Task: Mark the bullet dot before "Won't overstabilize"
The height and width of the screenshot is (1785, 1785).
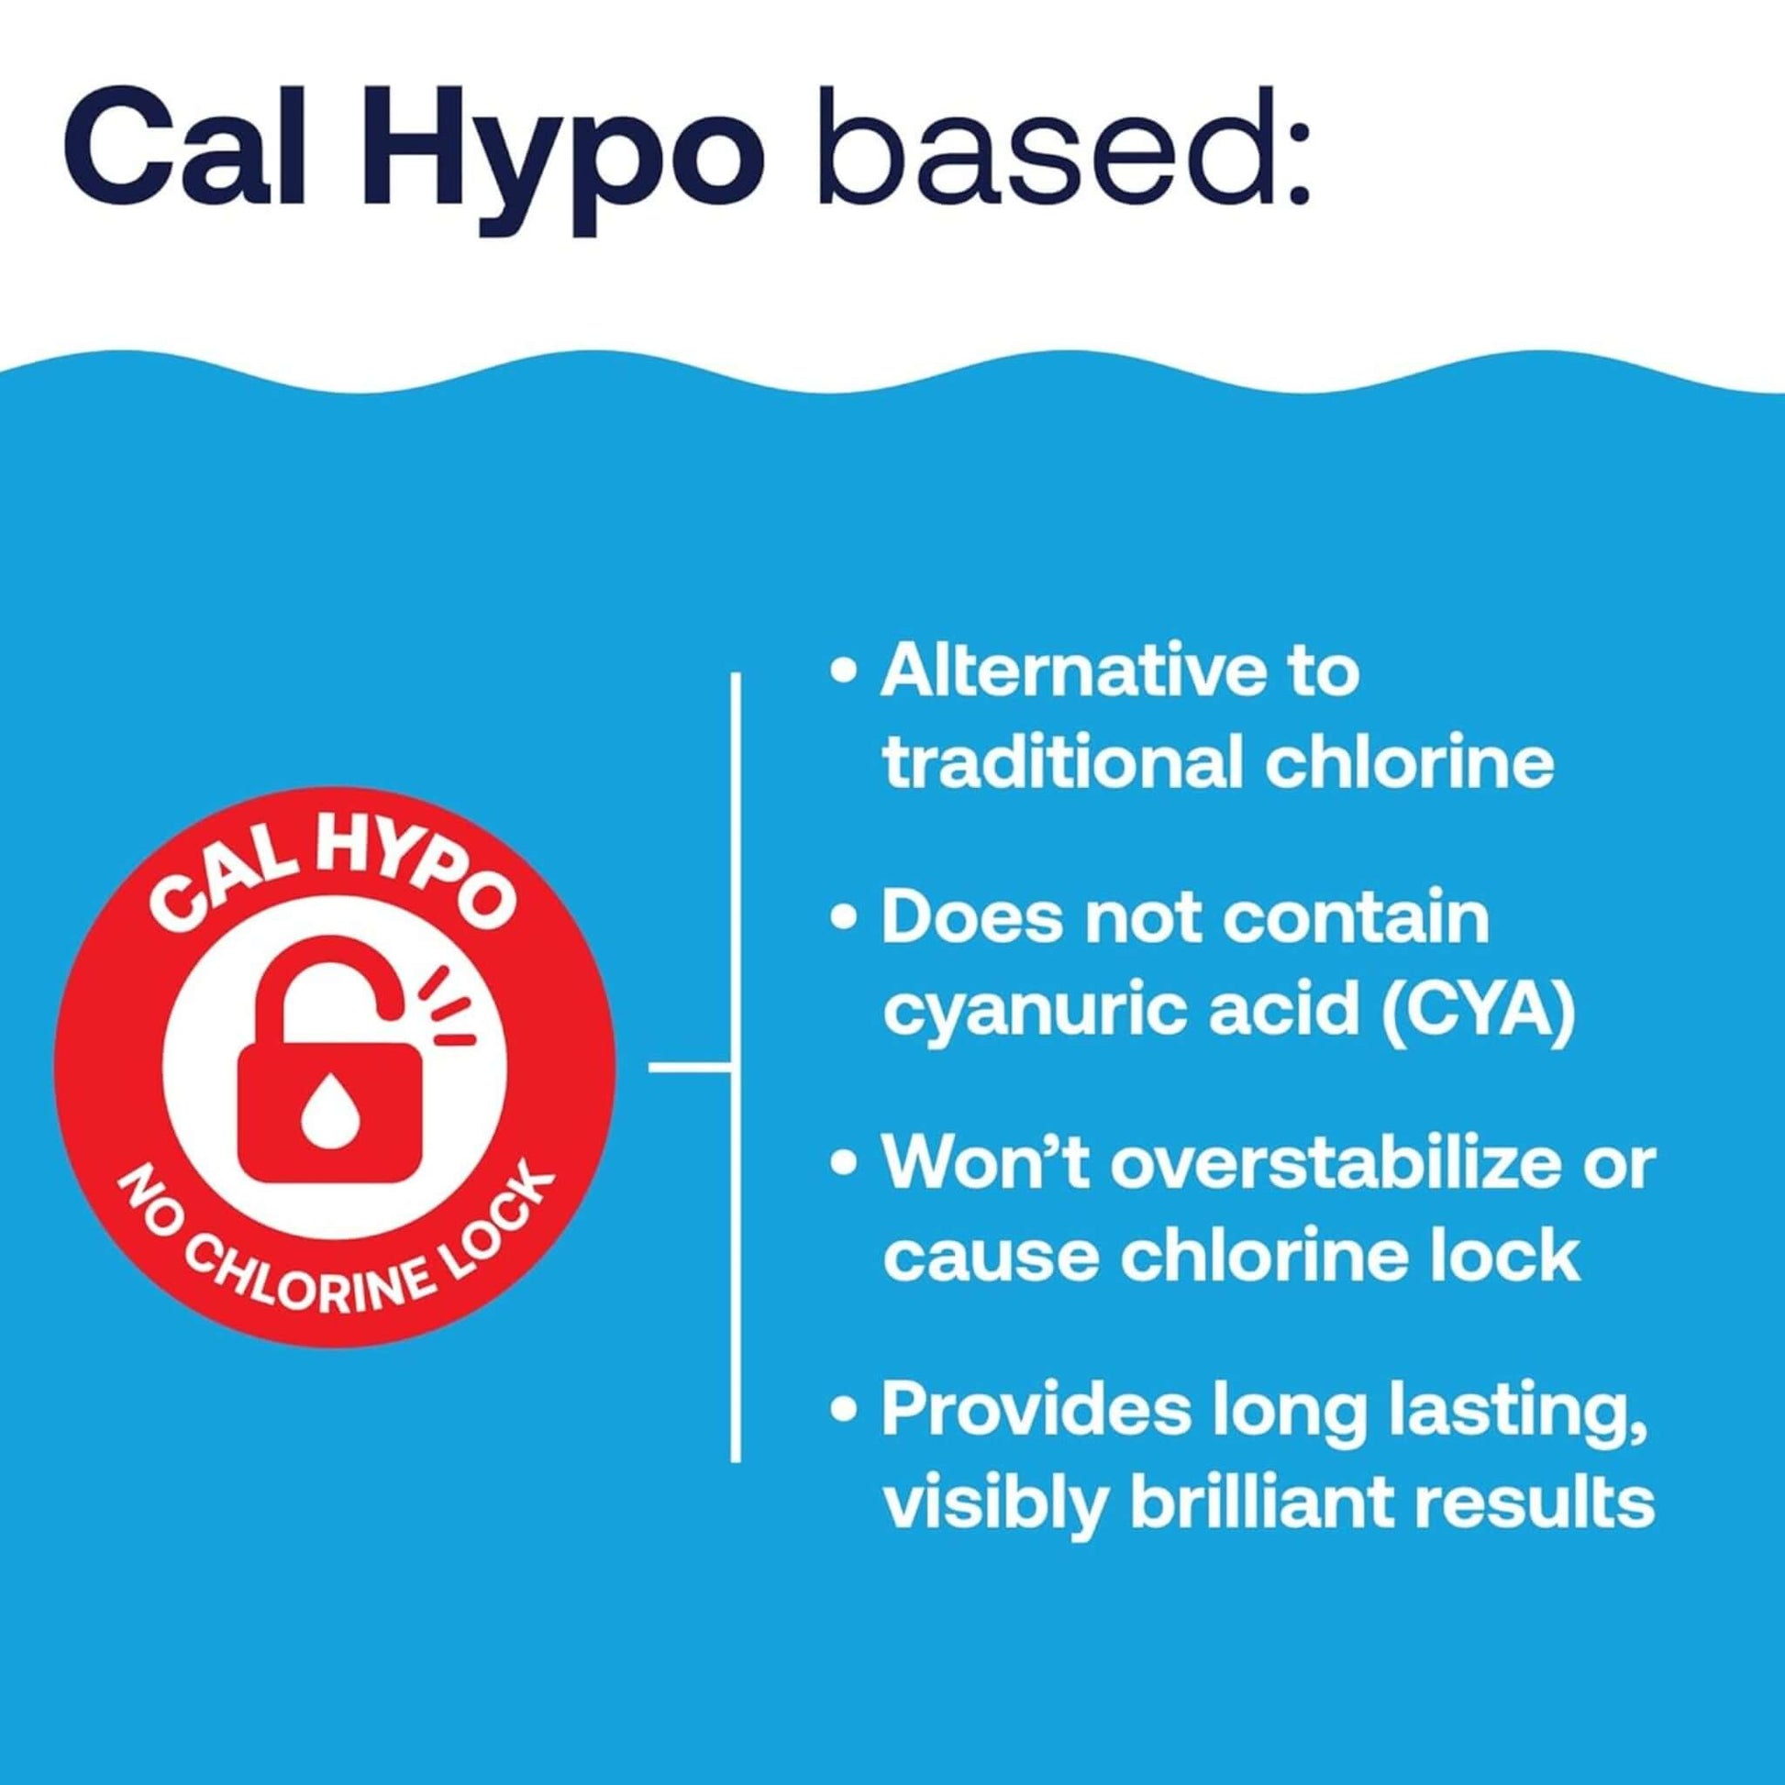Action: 842,1165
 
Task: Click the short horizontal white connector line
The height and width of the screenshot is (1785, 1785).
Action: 689,1069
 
